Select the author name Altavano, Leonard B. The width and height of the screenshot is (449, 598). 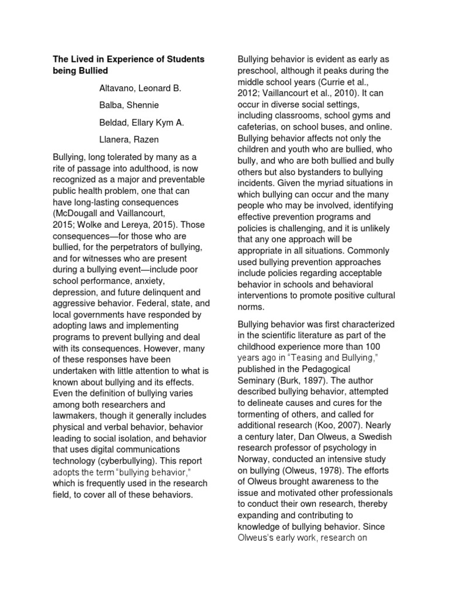tap(136, 89)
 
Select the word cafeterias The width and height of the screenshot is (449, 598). tap(258, 127)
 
